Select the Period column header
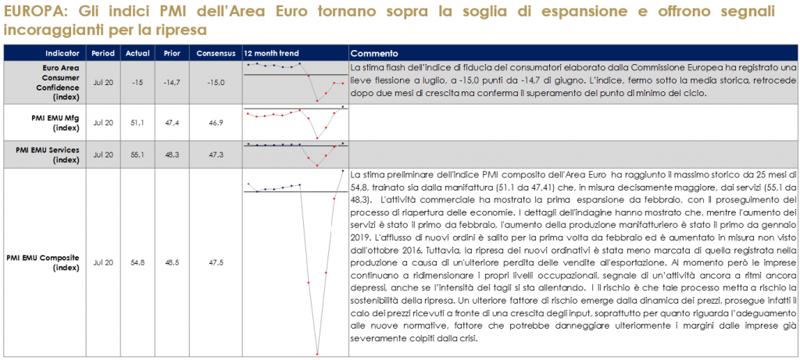coord(102,53)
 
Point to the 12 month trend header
coord(272,53)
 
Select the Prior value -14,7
coord(171,82)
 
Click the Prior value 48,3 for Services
coord(171,154)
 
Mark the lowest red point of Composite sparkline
coord(317,355)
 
